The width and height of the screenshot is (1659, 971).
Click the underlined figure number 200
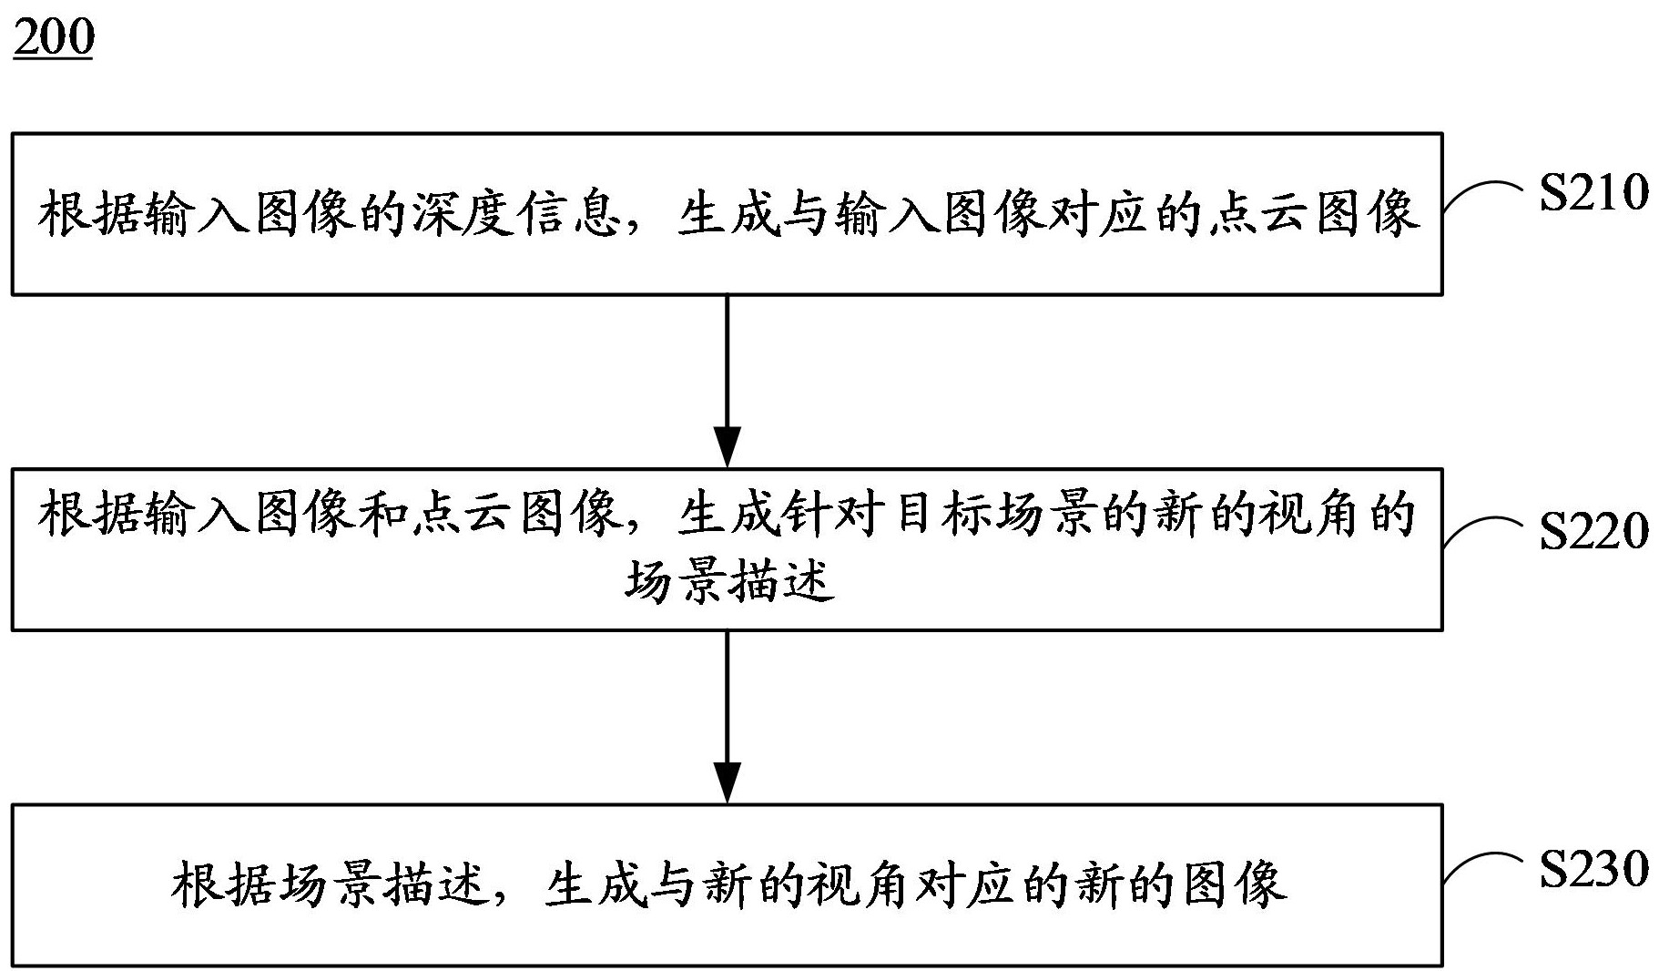(x=54, y=37)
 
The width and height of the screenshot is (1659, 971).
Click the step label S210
(x=1593, y=193)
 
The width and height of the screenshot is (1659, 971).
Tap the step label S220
(x=1593, y=531)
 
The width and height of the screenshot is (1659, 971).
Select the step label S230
(x=1593, y=868)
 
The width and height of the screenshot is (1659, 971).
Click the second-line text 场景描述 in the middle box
(x=728, y=580)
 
